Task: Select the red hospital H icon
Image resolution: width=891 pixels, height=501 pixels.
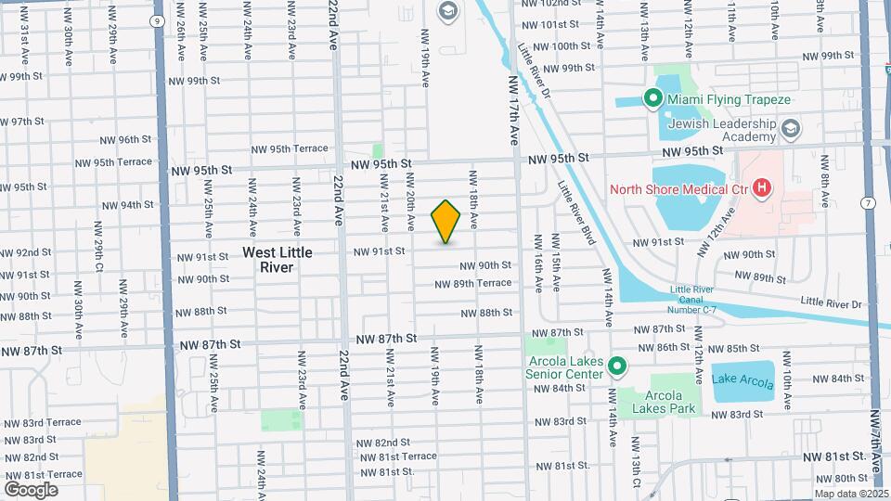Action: [x=762, y=190]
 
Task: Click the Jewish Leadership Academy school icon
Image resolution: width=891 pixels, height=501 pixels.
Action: [x=791, y=128]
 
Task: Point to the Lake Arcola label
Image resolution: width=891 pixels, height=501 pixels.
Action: [x=742, y=378]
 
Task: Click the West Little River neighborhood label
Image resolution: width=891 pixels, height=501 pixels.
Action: [x=268, y=260]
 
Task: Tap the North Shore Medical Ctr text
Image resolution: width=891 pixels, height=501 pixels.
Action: [x=678, y=191]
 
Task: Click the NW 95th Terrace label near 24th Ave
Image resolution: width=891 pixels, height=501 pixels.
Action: [x=290, y=149]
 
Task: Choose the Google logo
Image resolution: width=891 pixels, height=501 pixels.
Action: [x=31, y=489]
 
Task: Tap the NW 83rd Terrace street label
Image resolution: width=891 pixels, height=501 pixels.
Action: [x=43, y=422]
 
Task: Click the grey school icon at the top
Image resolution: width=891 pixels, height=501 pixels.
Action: [x=446, y=11]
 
